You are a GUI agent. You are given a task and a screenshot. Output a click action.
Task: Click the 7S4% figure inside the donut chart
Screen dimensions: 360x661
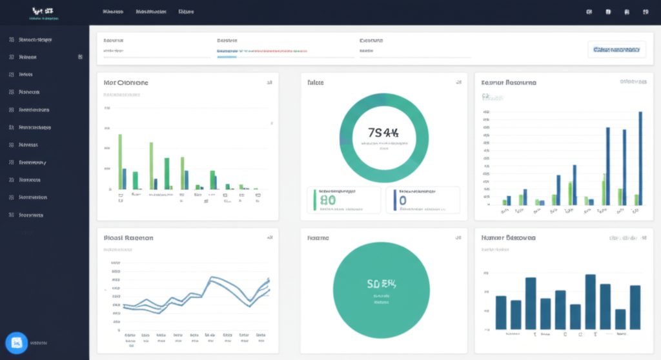click(383, 133)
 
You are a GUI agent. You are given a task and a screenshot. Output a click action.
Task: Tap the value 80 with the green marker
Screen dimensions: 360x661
click(328, 201)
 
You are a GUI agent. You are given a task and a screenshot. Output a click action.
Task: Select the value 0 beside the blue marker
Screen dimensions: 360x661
click(403, 201)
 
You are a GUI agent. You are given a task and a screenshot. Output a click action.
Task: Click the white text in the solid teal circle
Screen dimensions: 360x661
click(381, 283)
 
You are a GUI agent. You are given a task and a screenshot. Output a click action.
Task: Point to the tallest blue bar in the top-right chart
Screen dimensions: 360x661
click(640, 158)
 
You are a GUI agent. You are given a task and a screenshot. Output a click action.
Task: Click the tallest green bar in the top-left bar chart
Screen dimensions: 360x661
click(120, 161)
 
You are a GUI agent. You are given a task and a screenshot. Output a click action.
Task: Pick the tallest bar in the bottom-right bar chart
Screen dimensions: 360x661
click(590, 301)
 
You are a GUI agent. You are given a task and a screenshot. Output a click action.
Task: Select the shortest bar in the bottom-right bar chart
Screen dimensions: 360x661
click(620, 319)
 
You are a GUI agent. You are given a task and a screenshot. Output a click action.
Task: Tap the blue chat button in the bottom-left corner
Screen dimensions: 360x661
click(16, 343)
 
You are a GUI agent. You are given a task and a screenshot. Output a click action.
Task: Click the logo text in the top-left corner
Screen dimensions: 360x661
click(41, 12)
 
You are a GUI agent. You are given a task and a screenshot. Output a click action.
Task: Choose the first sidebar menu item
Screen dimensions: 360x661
click(36, 40)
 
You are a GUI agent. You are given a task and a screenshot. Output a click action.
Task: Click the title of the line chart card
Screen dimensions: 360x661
click(128, 238)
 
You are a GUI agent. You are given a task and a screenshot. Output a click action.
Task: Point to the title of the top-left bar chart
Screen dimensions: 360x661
click(126, 83)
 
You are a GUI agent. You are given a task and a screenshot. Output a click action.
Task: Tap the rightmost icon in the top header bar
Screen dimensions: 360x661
click(644, 12)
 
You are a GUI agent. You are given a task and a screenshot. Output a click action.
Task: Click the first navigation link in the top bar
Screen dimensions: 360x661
click(113, 12)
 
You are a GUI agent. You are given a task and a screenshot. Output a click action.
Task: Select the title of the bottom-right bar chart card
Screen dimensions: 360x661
click(508, 238)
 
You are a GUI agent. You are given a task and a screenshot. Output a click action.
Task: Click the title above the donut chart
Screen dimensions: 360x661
click(316, 83)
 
